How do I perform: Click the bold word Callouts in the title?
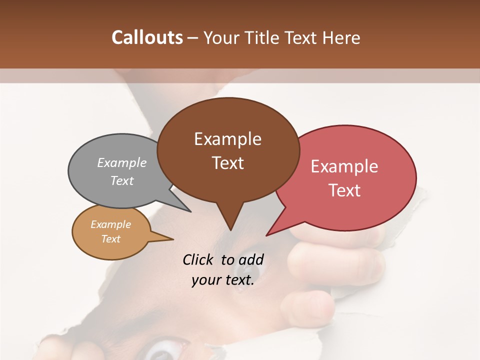point(147,37)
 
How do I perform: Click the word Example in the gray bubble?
point(122,162)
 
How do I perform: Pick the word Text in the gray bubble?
point(122,180)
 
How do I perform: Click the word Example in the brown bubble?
point(227,139)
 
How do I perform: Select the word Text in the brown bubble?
point(228,163)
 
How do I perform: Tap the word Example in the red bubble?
point(344,166)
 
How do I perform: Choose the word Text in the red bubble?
point(345,190)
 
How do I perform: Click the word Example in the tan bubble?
point(110,224)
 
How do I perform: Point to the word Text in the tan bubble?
point(110,239)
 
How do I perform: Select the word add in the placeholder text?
point(251,259)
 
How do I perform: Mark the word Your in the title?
point(220,37)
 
